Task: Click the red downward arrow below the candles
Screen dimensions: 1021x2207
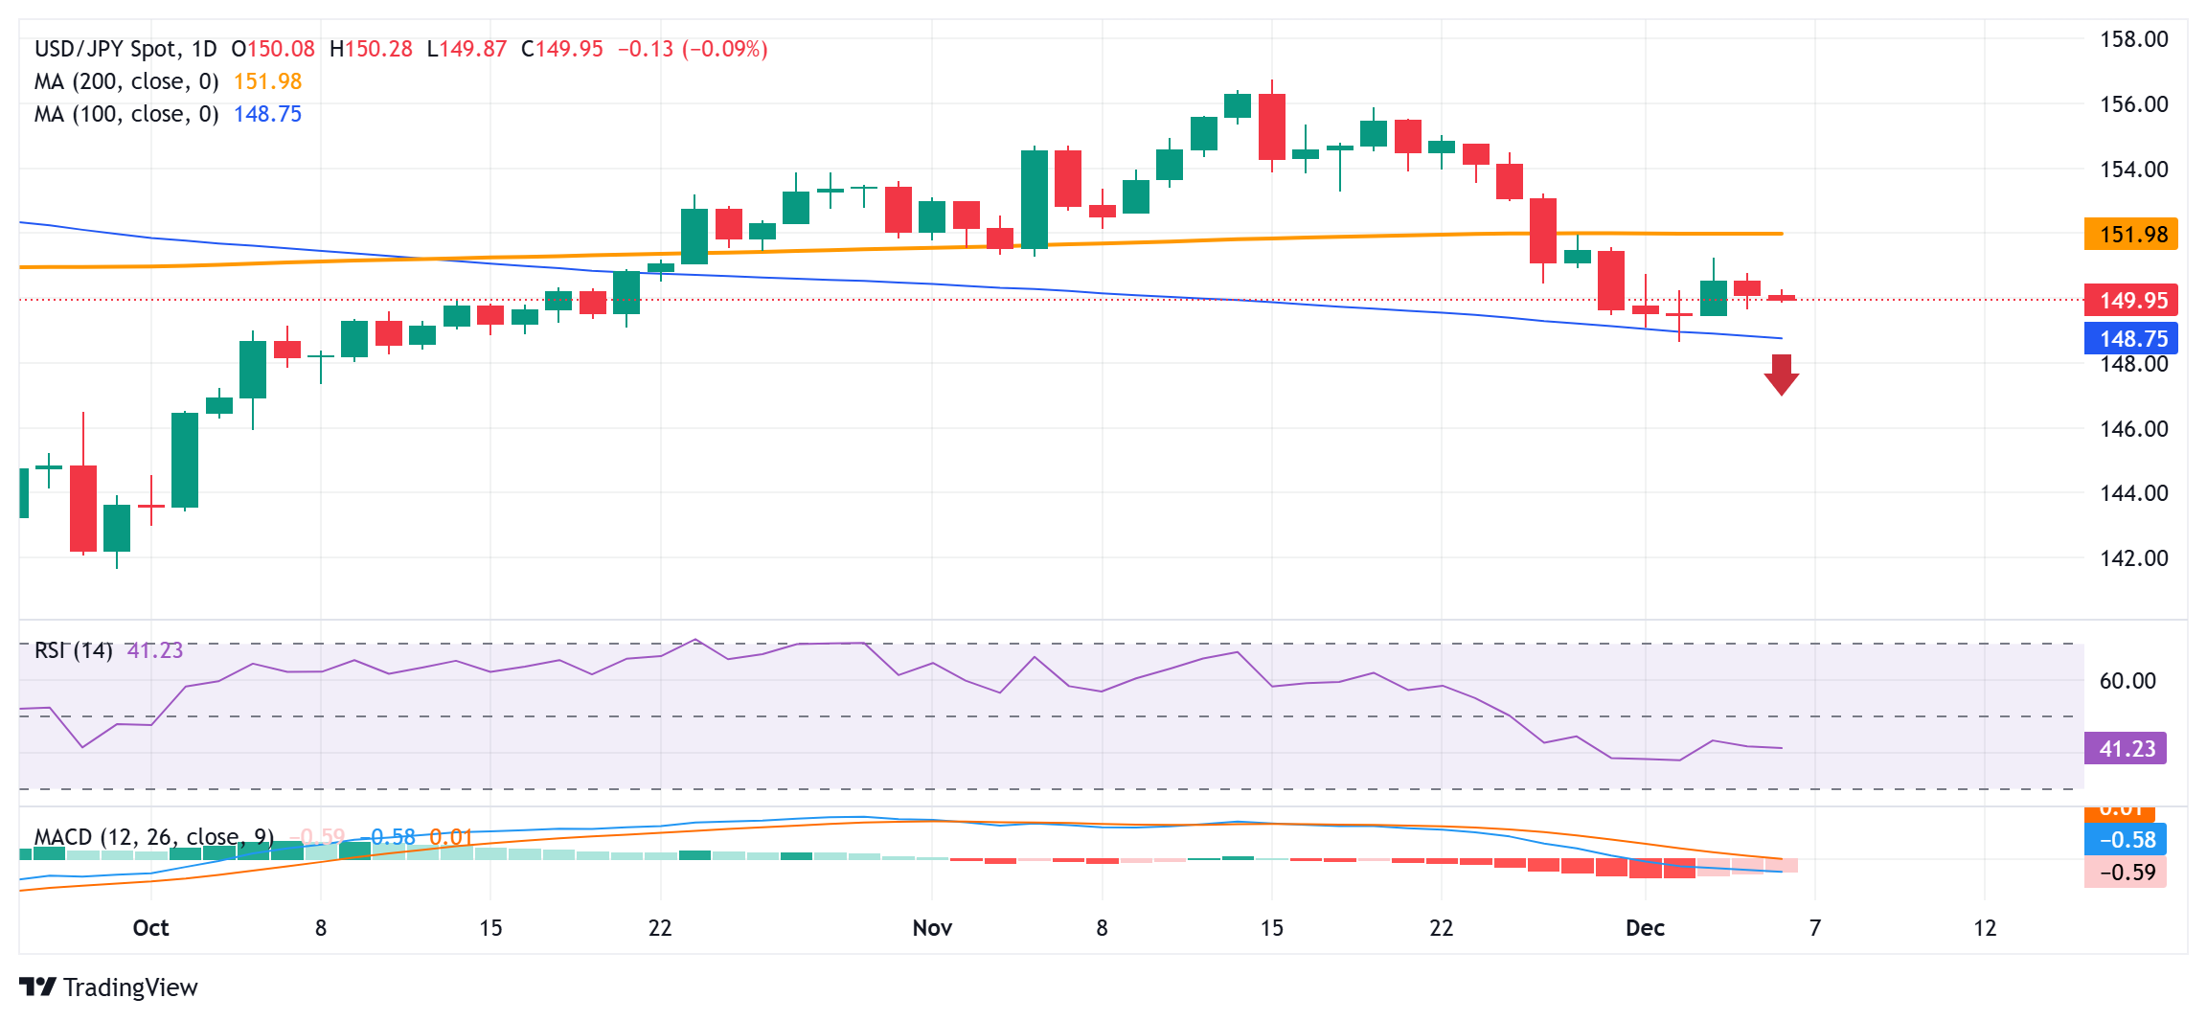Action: pos(1781,374)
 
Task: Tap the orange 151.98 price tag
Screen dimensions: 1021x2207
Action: pos(2130,235)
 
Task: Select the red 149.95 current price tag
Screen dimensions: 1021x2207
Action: pos(2130,301)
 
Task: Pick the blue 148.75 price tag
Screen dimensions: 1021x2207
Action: pos(2130,338)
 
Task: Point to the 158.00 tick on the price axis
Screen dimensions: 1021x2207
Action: pos(2133,39)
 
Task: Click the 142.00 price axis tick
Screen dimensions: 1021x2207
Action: pos(2133,558)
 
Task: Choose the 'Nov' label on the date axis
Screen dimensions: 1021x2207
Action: pos(932,928)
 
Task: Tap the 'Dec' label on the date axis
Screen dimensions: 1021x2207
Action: pos(1645,928)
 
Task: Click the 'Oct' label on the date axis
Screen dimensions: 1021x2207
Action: pos(150,928)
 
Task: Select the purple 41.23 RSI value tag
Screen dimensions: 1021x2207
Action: pos(2126,749)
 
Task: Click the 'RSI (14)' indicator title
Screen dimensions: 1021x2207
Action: pos(74,651)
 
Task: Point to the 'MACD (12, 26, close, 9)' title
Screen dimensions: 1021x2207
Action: pos(154,837)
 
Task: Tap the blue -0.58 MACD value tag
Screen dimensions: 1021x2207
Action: pos(2126,840)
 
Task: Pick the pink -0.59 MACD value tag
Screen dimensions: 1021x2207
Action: pos(2126,873)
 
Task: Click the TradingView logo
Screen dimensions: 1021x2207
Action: pos(108,987)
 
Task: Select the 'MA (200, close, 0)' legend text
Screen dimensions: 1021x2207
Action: pos(126,82)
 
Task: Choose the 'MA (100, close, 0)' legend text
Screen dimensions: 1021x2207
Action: pos(126,115)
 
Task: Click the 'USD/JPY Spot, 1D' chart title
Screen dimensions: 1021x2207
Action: pos(125,49)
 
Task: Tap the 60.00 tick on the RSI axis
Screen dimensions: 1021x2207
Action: pos(2127,681)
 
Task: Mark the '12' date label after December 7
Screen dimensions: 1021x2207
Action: pos(1985,928)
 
